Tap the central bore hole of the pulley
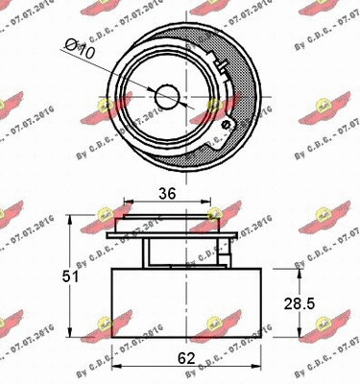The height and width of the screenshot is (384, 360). [x=168, y=95]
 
